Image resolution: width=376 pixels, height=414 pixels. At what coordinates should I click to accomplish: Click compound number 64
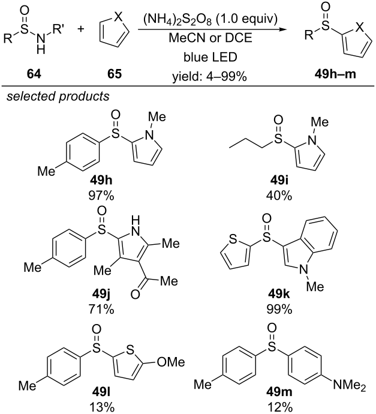pos(34,74)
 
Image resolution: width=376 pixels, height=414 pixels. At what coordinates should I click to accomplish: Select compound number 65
pos(115,74)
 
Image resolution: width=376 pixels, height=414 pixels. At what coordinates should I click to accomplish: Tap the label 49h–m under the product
pos(335,74)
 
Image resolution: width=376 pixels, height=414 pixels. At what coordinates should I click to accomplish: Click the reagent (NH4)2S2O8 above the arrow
pos(178,20)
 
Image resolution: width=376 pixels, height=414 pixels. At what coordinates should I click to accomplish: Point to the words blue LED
pos(210,57)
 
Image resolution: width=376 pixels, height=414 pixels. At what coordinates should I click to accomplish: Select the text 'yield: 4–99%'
pos(210,77)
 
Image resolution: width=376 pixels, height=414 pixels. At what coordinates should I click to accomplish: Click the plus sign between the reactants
pos(81,29)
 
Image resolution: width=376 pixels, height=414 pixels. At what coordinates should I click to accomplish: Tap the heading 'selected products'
pos(58,96)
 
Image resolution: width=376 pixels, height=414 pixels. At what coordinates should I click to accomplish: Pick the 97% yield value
pos(101,196)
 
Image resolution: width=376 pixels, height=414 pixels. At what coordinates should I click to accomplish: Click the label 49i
pos(279,181)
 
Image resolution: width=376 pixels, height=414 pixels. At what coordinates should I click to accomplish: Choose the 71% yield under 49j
pos(101,308)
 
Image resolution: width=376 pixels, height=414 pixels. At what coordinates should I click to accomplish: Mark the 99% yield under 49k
pos(279,308)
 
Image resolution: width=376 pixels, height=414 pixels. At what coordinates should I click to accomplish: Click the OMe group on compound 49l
pos(170,362)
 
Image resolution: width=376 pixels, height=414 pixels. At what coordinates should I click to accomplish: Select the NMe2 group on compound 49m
pos(350,385)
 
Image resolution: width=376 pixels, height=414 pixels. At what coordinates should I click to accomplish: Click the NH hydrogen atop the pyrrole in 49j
pos(135,220)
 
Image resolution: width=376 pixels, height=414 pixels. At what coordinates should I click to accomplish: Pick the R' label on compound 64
pos(59,29)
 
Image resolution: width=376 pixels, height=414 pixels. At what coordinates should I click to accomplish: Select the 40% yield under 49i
pos(279,196)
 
